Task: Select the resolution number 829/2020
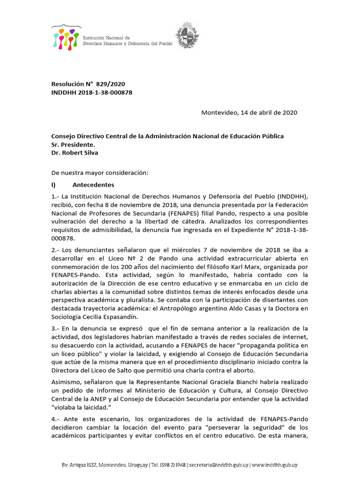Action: pyautogui.click(x=111, y=84)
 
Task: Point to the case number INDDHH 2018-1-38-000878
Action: pyautogui.click(x=91, y=92)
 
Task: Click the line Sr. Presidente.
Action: pyautogui.click(x=73, y=144)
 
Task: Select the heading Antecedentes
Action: pyautogui.click(x=93, y=185)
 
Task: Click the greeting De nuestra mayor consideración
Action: pyautogui.click(x=99, y=173)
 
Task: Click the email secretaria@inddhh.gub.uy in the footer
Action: pyautogui.click(x=217, y=465)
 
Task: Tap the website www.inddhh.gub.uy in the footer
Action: pyautogui.click(x=274, y=465)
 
